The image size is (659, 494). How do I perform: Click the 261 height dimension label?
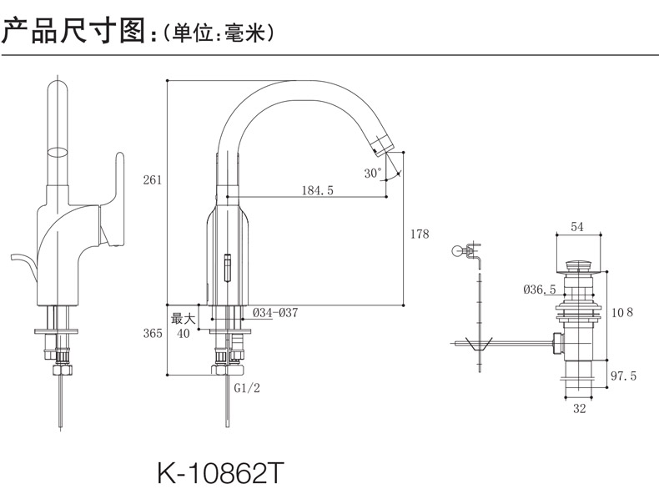click(x=152, y=179)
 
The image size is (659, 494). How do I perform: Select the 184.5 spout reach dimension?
click(x=317, y=190)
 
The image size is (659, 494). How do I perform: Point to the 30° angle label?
click(x=373, y=173)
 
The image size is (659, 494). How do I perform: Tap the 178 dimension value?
click(x=420, y=234)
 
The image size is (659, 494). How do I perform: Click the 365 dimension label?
click(x=152, y=334)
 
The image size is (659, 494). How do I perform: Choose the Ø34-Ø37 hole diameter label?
click(x=275, y=313)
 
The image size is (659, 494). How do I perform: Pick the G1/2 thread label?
click(x=247, y=389)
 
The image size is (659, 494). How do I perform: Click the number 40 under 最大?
click(x=184, y=334)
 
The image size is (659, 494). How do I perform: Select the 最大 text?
click(x=184, y=318)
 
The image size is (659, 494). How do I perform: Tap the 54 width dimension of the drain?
click(x=577, y=227)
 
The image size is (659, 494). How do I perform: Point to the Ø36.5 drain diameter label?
click(x=540, y=290)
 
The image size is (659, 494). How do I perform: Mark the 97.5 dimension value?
click(x=623, y=376)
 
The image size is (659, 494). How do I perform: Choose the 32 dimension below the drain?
click(x=579, y=409)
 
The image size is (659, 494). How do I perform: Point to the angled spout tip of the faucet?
click(x=383, y=147)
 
